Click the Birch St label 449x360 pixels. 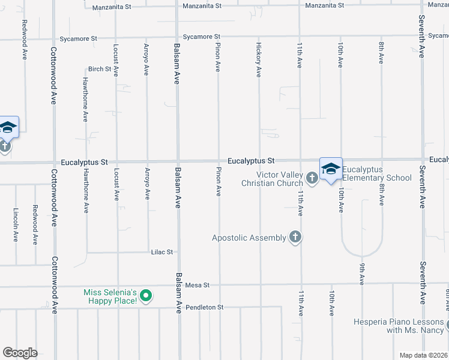coord(100,69)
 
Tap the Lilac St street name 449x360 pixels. coord(162,253)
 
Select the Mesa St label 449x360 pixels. coord(197,285)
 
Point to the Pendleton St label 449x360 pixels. coord(204,307)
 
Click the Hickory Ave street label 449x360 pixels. coord(259,59)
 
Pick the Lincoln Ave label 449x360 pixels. coord(16,225)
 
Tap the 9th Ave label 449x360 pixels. coord(362,273)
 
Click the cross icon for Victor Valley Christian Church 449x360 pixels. coord(312,178)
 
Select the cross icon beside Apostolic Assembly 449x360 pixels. coord(295,237)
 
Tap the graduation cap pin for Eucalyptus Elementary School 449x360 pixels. coord(331,170)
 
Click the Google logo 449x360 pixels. coord(20,353)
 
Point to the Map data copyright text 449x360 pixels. coord(423,355)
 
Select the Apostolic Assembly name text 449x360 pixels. coord(249,238)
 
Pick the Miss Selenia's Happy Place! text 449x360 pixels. coord(111,296)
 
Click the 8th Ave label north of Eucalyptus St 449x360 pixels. coord(381,53)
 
